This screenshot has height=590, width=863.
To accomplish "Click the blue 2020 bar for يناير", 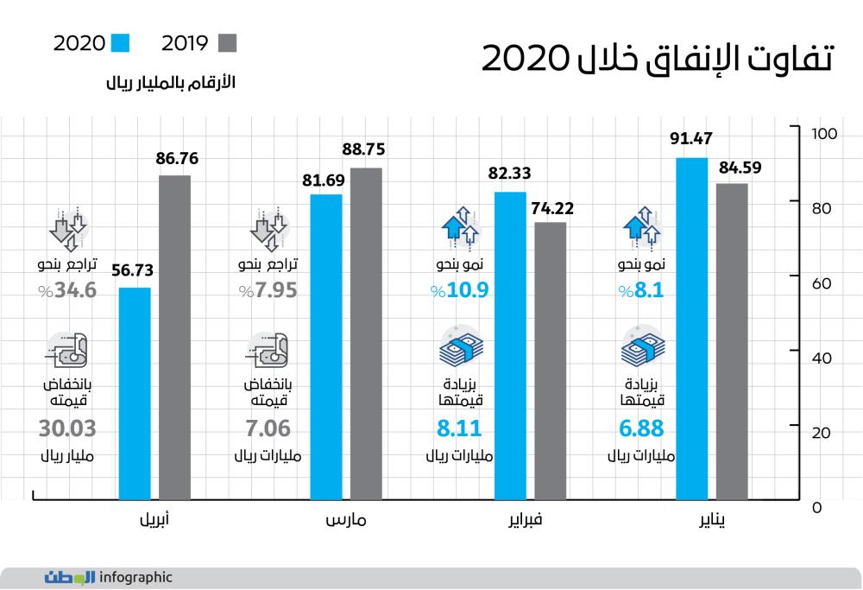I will point(692,329).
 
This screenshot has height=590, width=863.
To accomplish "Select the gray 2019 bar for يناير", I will point(732,341).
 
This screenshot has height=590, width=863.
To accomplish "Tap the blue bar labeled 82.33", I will point(511,346).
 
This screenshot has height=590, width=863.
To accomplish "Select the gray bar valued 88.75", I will point(365,333).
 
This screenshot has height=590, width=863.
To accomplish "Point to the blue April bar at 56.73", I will point(134,394).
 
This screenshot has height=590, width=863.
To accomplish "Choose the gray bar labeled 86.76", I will point(174,338).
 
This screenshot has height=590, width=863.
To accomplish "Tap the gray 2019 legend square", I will point(227,43).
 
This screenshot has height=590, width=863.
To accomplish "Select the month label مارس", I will point(347,521).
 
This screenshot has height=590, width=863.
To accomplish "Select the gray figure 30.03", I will point(68,428).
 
